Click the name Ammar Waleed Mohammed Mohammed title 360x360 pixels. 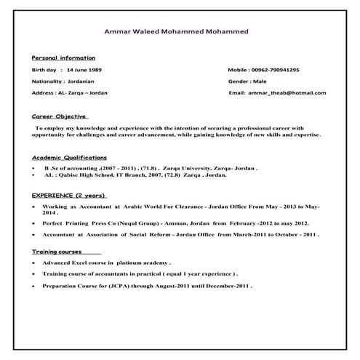[177, 32]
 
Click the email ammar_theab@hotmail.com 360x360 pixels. [289, 93]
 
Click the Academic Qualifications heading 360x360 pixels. [69, 157]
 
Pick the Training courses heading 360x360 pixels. [57, 251]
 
